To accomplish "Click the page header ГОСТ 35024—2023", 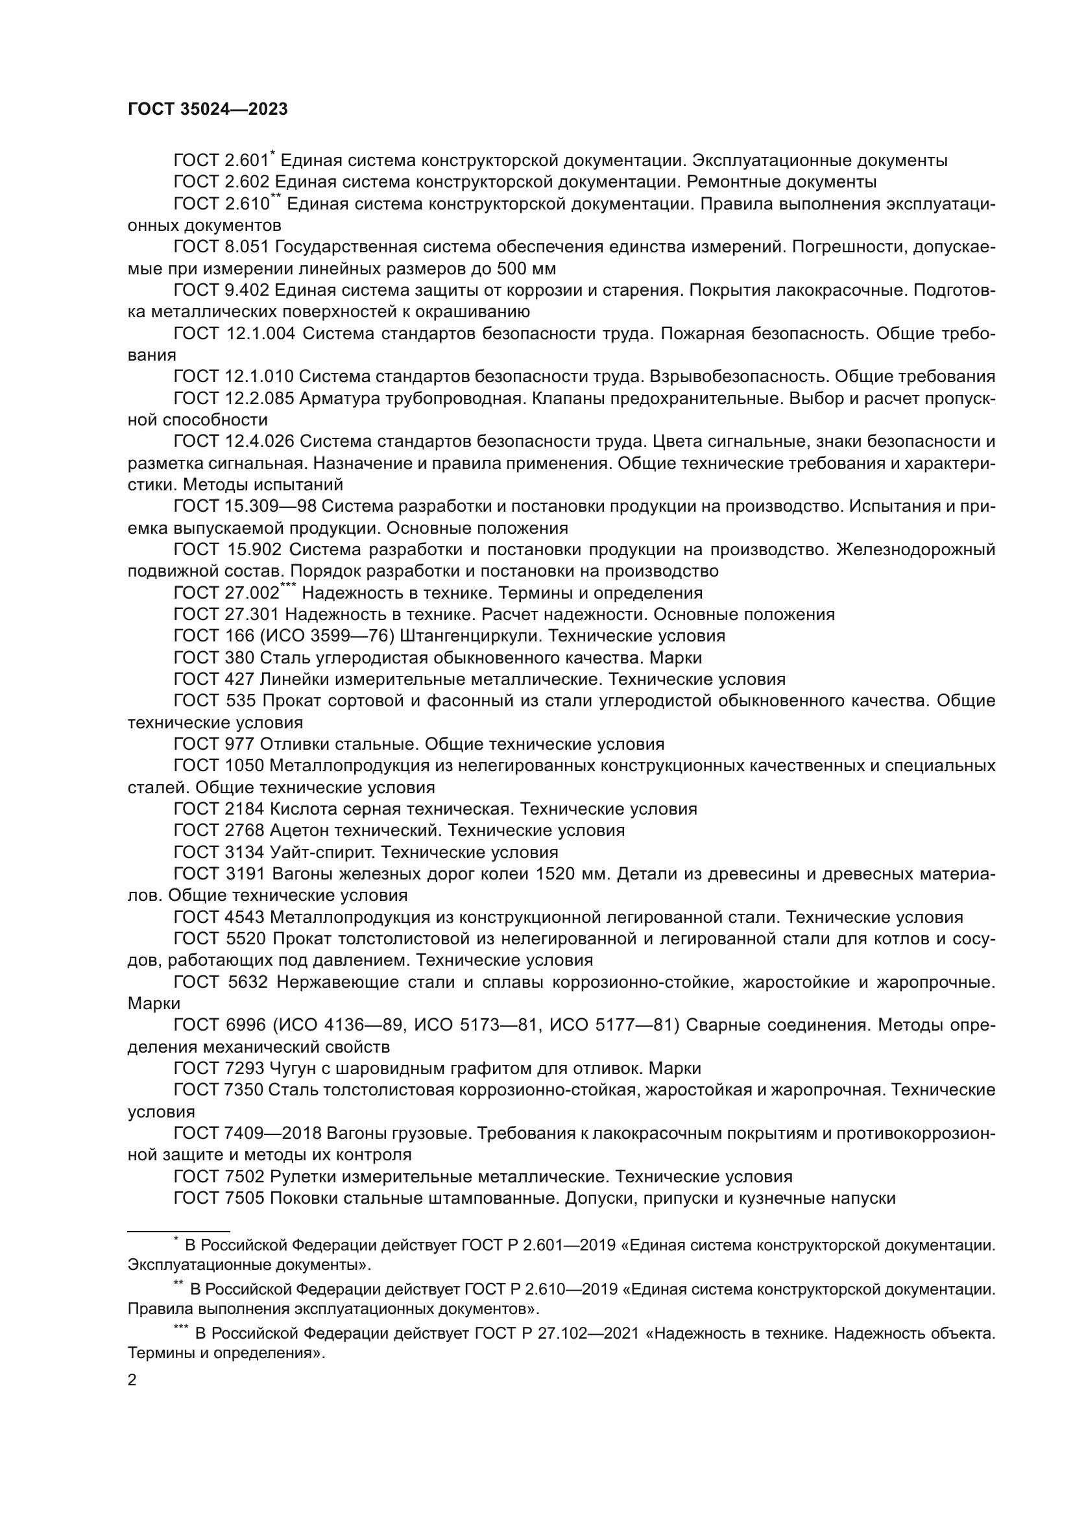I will point(208,110).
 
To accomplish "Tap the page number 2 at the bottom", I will point(132,1380).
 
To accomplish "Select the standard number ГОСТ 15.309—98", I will point(245,507).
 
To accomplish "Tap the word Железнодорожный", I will point(915,550).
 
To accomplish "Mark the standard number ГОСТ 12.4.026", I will point(235,442).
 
